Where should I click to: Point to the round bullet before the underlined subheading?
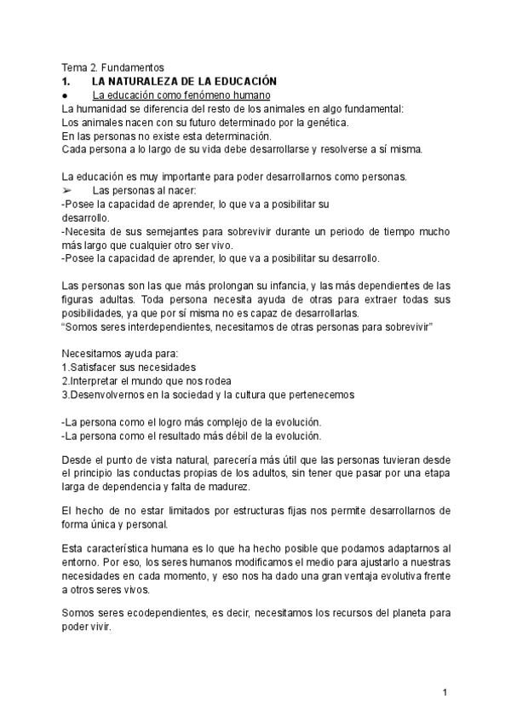66,95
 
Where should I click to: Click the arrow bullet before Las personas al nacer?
67,190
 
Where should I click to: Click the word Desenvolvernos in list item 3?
109,395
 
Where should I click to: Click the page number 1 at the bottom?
445,692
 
